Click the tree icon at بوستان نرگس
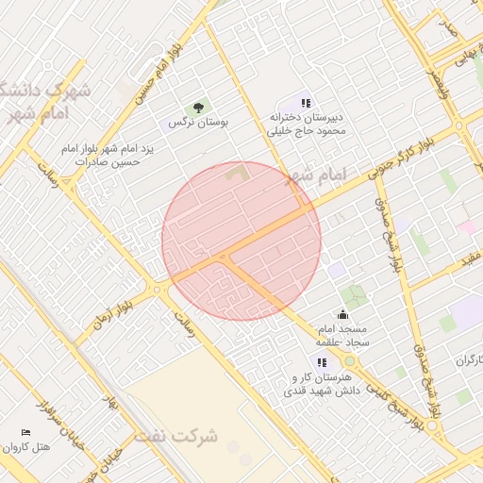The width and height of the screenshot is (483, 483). pos(198,108)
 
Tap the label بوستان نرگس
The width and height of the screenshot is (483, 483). pos(198,123)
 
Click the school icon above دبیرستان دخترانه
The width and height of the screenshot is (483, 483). pos(305,102)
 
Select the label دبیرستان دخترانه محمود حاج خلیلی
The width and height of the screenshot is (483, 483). pos(305,125)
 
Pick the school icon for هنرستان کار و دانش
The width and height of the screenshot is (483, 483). pos(322,361)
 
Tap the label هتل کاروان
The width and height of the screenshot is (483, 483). pos(25,447)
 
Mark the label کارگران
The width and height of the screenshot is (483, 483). pos(468,360)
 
